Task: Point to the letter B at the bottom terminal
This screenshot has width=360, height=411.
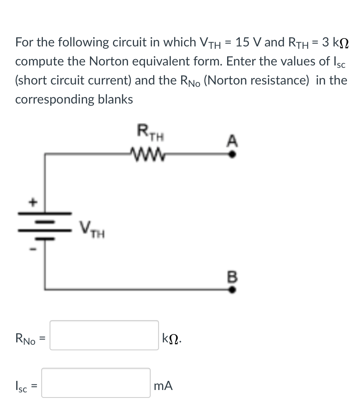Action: click(234, 276)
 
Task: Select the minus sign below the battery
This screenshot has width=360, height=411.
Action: click(34, 249)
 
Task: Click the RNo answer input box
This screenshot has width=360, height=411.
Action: click(104, 335)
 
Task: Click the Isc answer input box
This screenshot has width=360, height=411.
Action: click(96, 383)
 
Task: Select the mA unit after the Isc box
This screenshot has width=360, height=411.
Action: click(163, 386)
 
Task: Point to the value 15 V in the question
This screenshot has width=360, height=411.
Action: click(248, 42)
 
